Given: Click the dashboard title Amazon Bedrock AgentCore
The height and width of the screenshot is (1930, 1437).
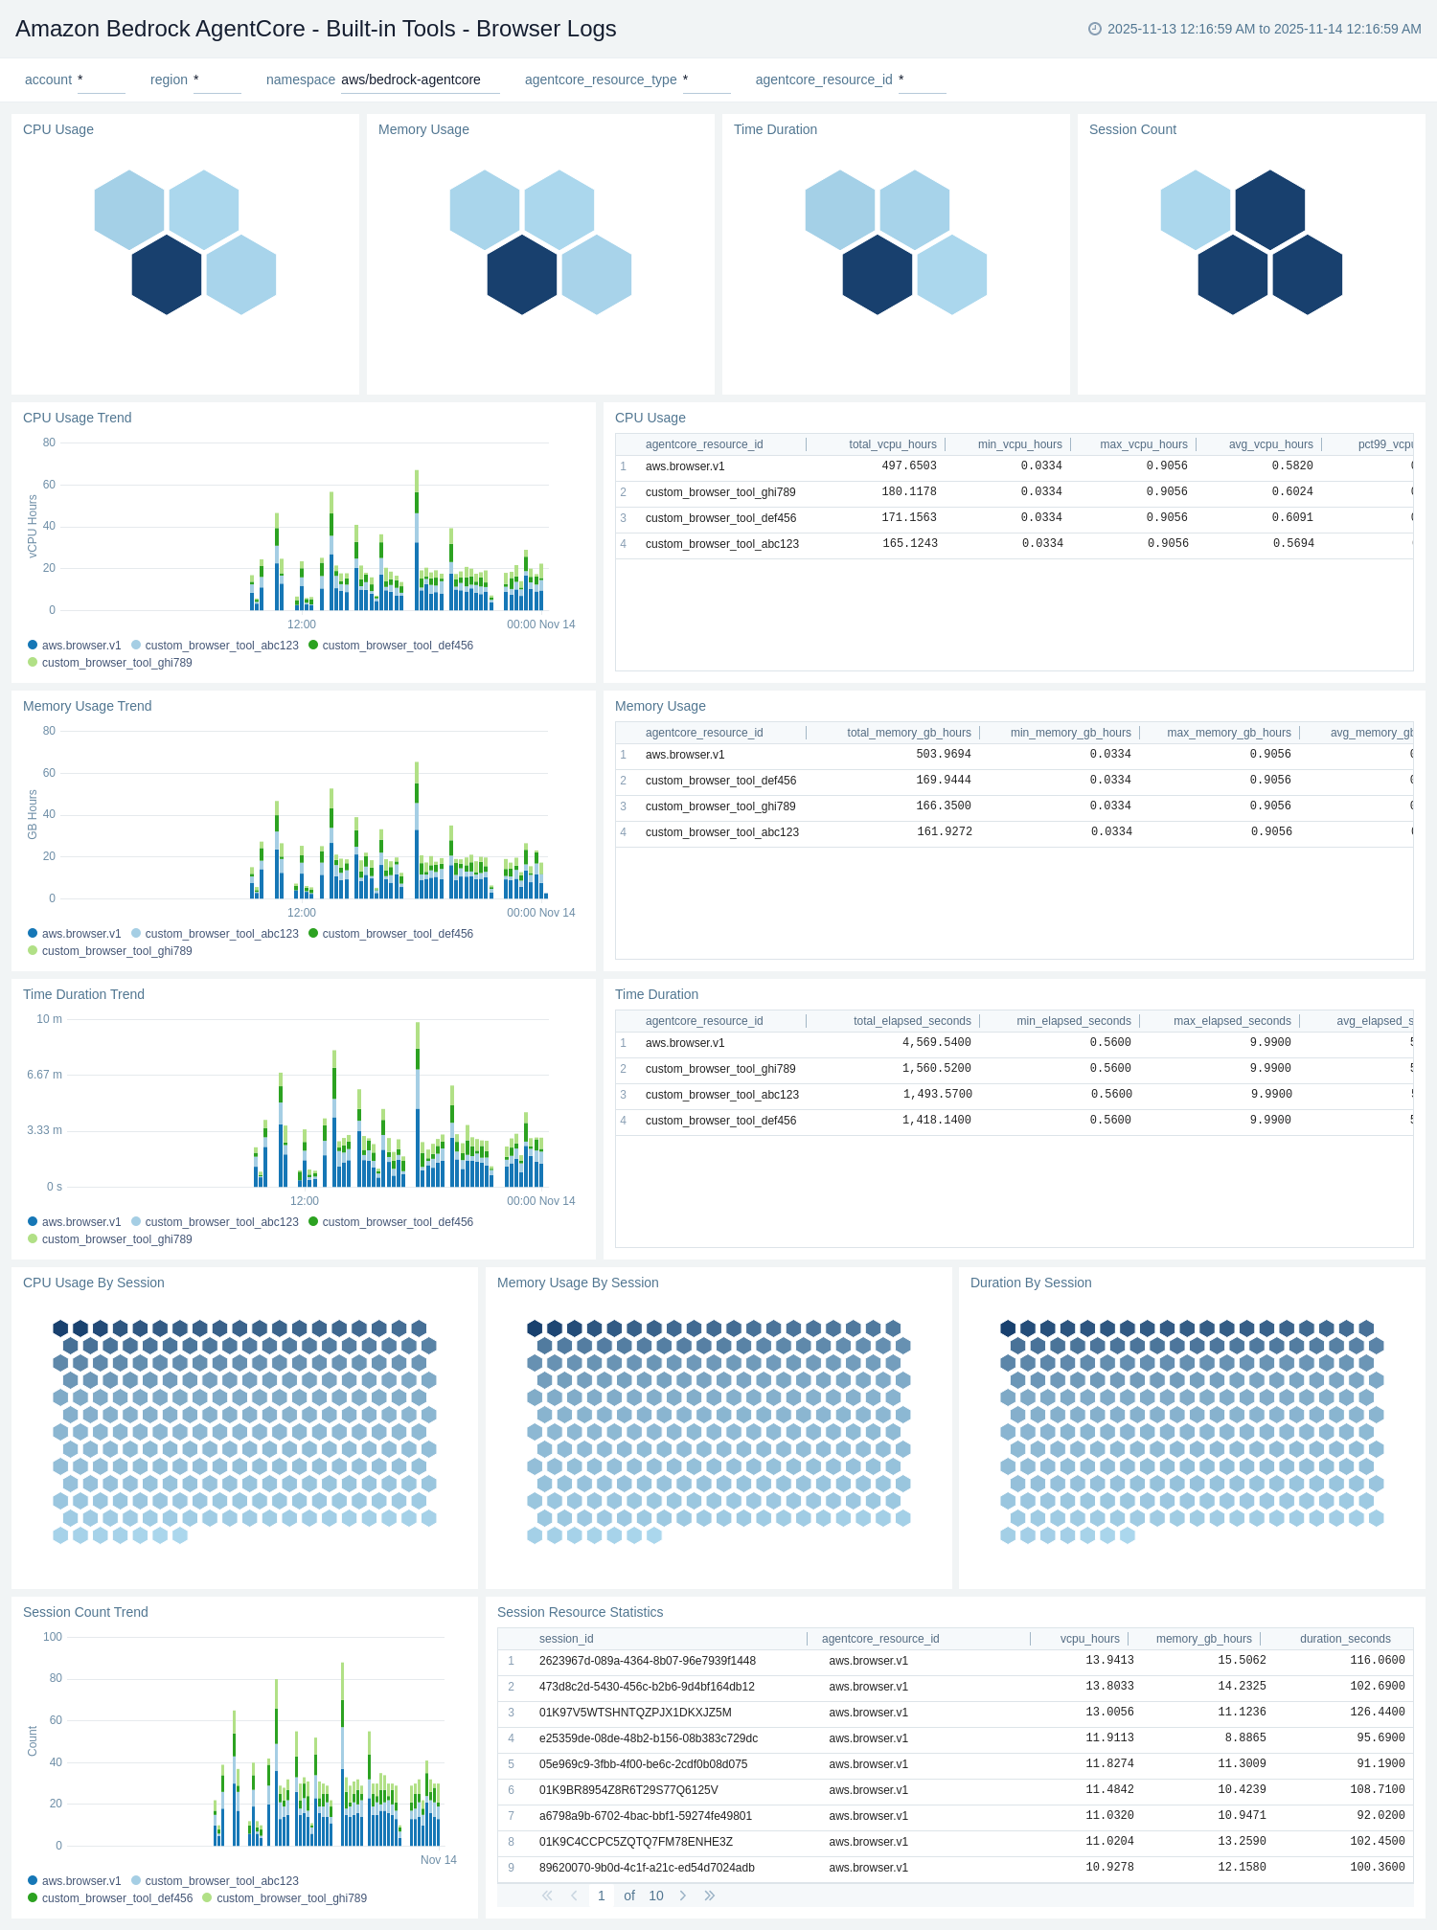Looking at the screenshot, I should (315, 29).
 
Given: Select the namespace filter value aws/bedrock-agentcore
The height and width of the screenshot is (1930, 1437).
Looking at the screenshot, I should (411, 79).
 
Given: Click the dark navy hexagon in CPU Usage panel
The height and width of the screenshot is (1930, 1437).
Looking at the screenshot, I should (167, 275).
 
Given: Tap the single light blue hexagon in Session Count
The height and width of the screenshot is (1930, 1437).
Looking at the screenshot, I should (1195, 210).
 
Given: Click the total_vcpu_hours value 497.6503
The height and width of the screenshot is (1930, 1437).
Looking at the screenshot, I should (908, 466).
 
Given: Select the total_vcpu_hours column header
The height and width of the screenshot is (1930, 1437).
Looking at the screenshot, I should (892, 444).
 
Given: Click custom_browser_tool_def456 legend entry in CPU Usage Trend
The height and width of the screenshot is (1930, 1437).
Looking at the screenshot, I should (397, 646).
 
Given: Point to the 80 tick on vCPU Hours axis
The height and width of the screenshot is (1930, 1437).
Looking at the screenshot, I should (49, 443).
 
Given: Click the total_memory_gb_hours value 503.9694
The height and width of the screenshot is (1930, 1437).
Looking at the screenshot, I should (943, 755).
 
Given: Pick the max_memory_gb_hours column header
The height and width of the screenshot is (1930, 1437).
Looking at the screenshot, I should (1228, 733).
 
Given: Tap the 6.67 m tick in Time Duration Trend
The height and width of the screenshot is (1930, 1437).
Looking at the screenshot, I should (44, 1075).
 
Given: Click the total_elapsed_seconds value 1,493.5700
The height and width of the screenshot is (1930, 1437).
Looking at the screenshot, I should (937, 1095).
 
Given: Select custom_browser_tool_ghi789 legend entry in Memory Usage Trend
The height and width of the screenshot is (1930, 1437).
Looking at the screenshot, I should (116, 951).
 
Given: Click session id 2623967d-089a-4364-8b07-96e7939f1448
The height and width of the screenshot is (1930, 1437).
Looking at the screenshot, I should (647, 1661).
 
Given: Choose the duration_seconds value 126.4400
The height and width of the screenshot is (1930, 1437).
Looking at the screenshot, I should (1377, 1713).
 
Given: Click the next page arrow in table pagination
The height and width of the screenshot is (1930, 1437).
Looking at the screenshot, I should (682, 1896).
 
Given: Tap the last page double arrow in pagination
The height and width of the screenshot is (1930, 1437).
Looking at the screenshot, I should (710, 1896).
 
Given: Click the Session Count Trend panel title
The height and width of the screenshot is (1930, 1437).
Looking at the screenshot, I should (85, 1612).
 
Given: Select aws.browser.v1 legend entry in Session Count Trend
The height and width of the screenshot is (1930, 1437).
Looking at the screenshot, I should (80, 1881).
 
